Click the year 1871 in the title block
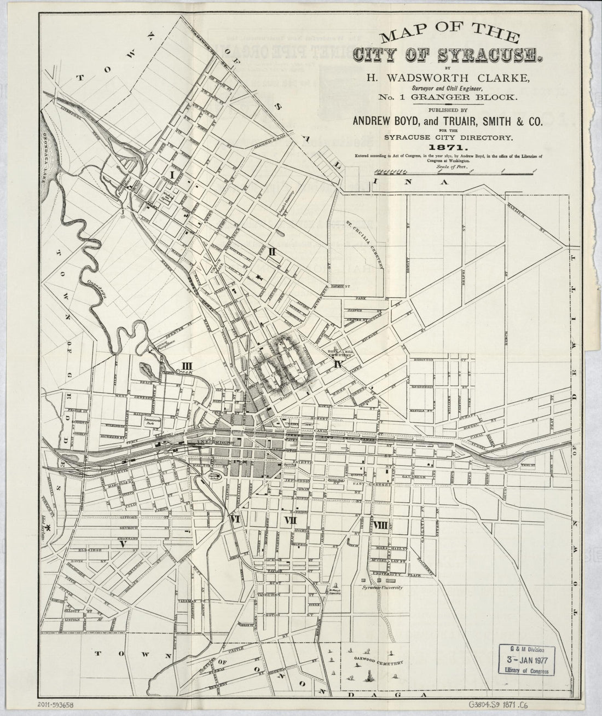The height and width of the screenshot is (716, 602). pos(448,148)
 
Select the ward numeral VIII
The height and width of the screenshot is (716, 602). pos(381,526)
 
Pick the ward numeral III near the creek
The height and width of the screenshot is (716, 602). pos(187,366)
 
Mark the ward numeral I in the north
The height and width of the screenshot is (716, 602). pos(173,175)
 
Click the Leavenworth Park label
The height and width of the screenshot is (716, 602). pos(149,423)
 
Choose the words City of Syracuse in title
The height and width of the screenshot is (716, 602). pos(448,55)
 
